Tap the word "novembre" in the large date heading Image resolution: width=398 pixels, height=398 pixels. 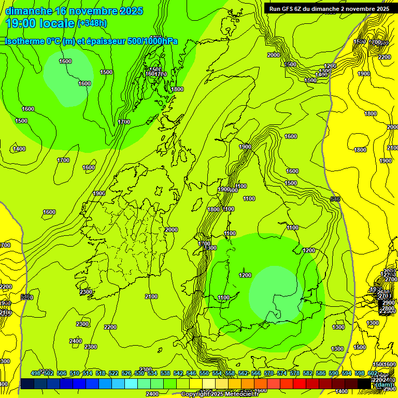coord(94,11)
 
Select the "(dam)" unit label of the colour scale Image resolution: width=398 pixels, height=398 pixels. coord(383,384)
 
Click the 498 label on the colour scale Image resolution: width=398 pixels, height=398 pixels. coord(36,374)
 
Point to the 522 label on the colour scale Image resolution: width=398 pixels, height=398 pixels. coord(114,374)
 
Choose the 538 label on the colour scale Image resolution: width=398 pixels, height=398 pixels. coord(165,374)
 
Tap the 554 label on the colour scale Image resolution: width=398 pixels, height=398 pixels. coord(217,374)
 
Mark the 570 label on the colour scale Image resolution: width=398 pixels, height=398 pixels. coord(269,374)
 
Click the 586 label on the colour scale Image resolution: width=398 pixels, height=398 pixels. coord(321,374)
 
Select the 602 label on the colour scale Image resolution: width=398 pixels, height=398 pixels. coord(372,374)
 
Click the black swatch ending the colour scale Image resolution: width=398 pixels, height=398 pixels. coord(364,383)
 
